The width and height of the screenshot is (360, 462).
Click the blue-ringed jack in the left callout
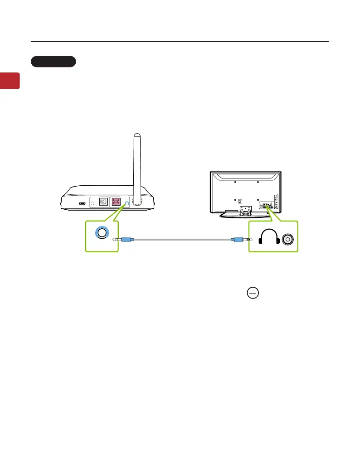point(101,233)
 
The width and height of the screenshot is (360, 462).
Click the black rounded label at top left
point(54,62)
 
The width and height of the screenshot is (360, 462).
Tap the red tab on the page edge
point(10,80)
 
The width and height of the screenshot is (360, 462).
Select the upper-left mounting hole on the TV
point(235,182)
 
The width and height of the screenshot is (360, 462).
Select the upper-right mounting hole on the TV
point(258,182)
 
